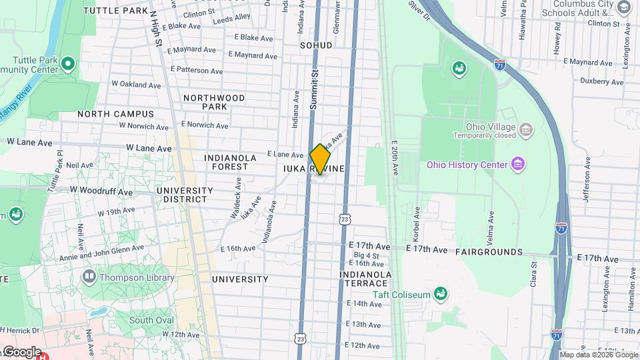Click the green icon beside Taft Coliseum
439,293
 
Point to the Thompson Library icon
89,276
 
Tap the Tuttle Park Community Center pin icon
67,65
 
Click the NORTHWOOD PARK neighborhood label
214,102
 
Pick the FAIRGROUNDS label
489,252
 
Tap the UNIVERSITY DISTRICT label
185,195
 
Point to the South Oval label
151,320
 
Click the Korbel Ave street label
417,218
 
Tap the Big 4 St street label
366,255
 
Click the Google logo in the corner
21,351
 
